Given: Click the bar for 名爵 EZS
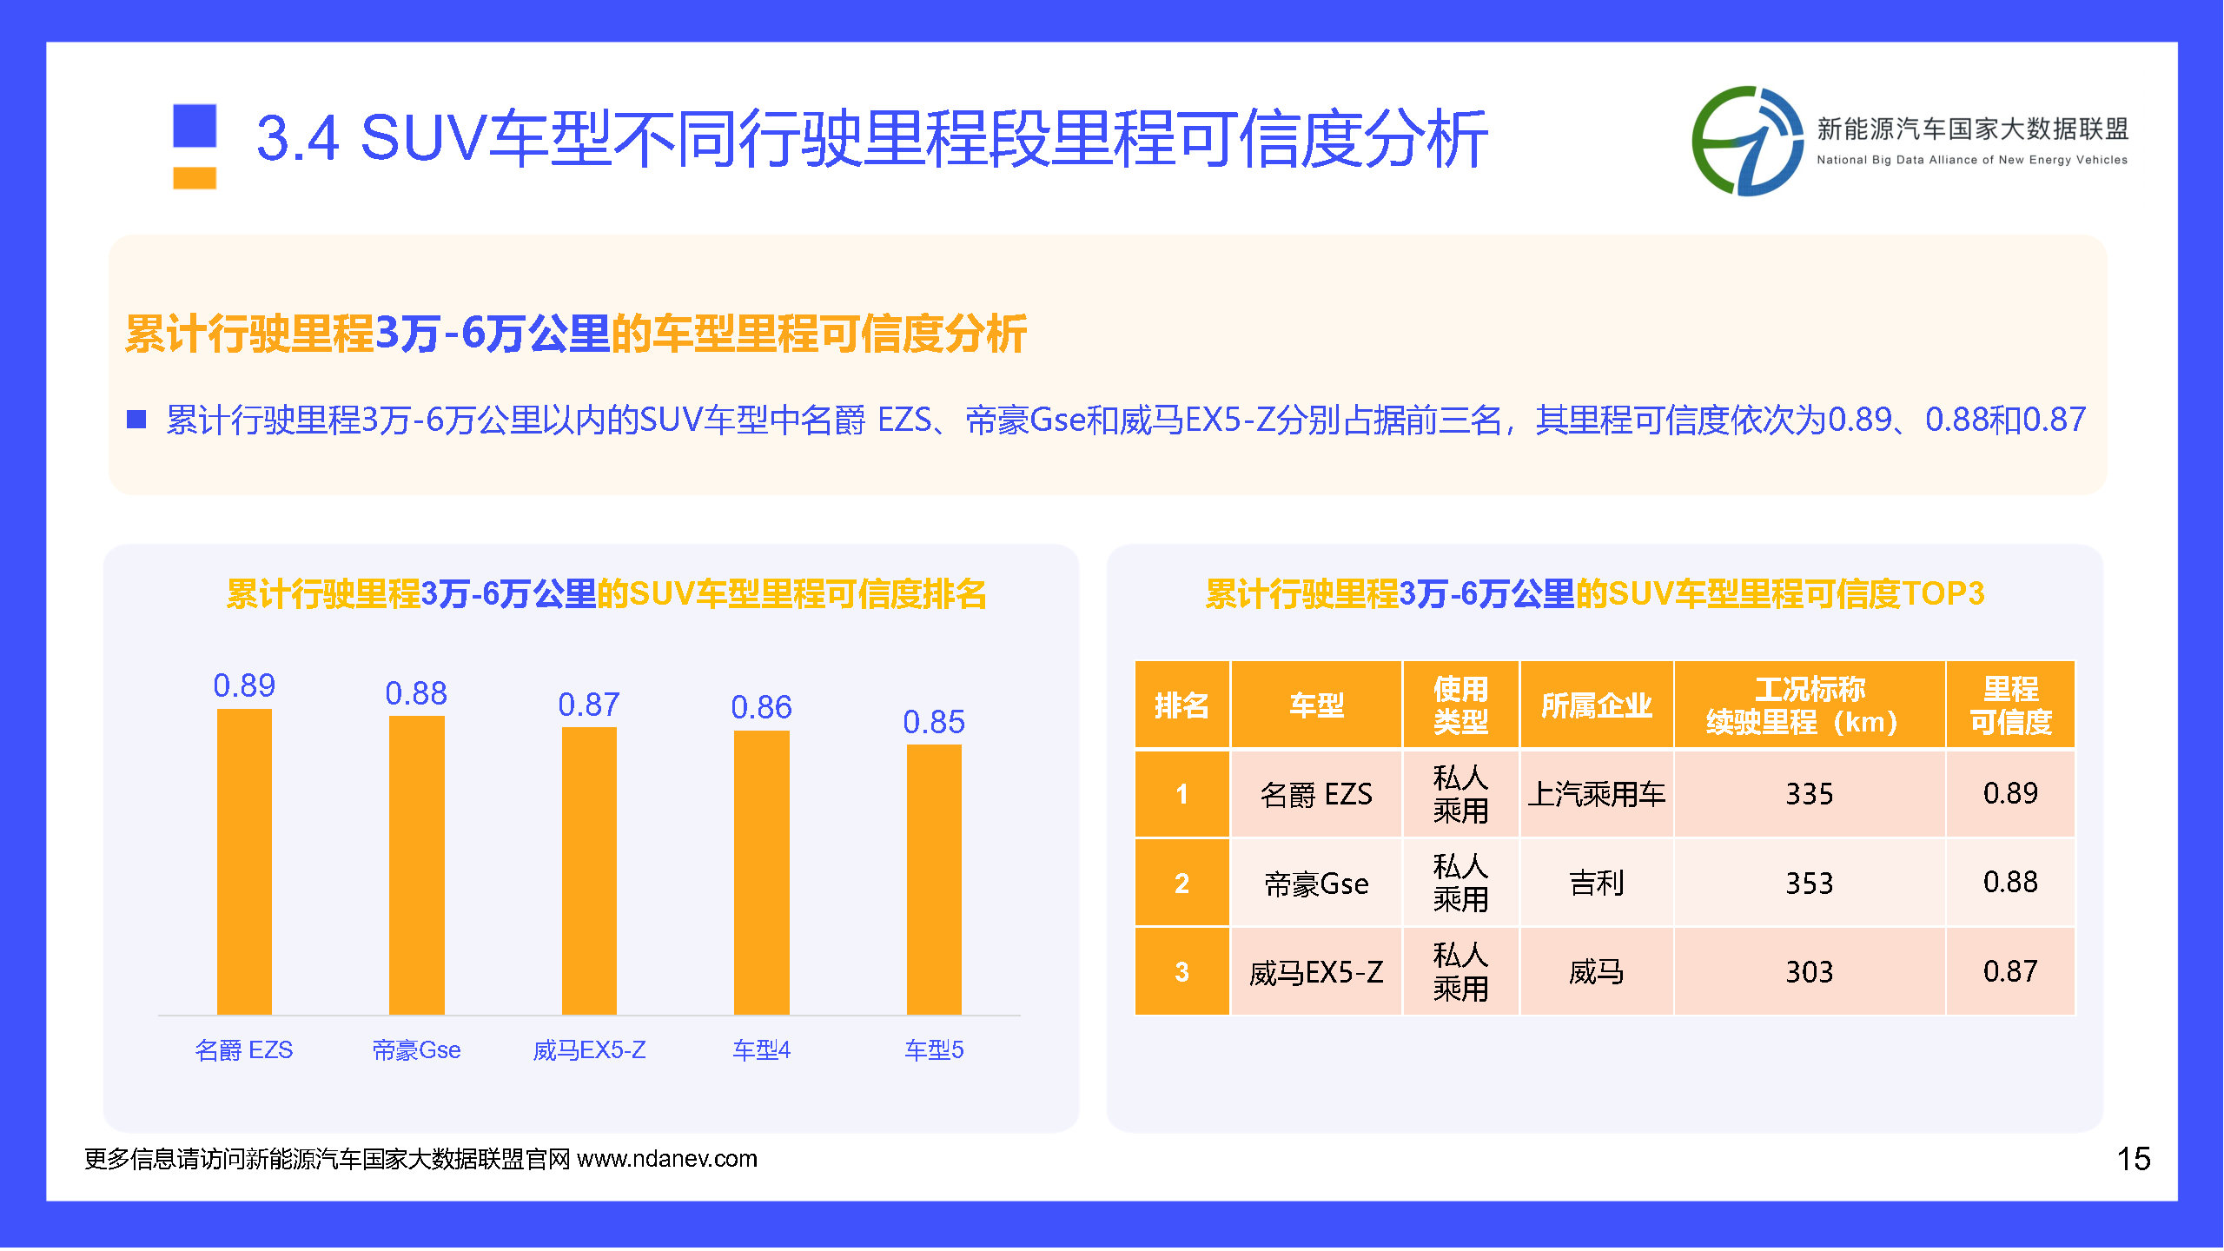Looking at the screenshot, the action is (x=244, y=862).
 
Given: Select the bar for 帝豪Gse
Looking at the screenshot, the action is (x=416, y=865).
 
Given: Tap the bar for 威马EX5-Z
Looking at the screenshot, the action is (x=589, y=870).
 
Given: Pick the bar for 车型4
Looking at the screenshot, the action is (x=761, y=872).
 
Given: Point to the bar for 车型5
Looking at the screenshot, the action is (x=934, y=879).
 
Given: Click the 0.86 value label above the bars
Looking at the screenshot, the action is (x=761, y=707).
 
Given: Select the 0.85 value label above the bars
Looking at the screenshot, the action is (x=934, y=722).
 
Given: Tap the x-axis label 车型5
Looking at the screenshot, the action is (x=934, y=1050).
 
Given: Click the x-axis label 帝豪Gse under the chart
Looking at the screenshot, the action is (x=416, y=1050).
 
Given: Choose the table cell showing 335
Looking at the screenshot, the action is (x=1810, y=794).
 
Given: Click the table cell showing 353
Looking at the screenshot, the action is (x=1810, y=883).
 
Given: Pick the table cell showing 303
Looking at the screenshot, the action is (x=1810, y=971).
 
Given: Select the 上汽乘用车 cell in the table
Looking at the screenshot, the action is (x=1596, y=794).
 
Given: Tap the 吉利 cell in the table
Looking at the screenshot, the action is (x=1596, y=883).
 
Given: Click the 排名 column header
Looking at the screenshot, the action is (x=1181, y=705).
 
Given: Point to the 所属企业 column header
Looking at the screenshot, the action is (x=1596, y=705).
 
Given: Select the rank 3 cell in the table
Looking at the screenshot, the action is (x=1181, y=971).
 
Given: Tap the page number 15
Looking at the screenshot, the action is (x=2133, y=1159).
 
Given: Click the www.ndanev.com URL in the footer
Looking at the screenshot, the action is (x=667, y=1159).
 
